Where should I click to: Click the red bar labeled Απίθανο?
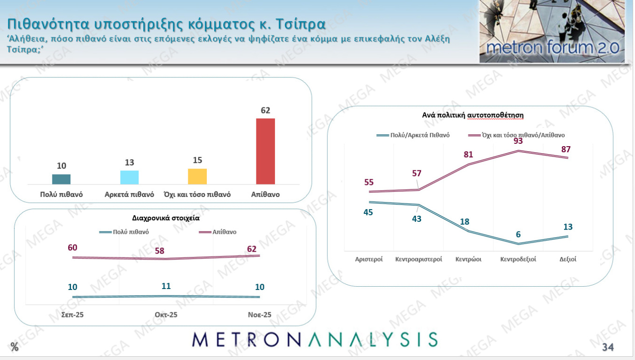(x=265, y=151)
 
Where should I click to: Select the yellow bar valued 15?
(x=197, y=176)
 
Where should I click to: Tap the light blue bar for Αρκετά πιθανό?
(x=129, y=177)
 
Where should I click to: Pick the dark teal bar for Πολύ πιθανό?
(x=61, y=179)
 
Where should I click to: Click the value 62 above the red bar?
(x=266, y=111)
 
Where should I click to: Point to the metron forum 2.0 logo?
(x=552, y=32)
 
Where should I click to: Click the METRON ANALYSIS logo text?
(x=315, y=339)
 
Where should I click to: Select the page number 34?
(x=608, y=347)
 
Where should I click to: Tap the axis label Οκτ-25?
(x=166, y=315)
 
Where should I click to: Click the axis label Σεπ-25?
(x=72, y=315)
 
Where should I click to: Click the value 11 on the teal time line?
(x=166, y=286)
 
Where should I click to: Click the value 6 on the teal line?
(x=518, y=234)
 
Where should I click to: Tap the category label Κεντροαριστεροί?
(x=418, y=259)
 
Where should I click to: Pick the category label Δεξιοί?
(x=568, y=259)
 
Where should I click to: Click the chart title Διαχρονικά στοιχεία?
(x=167, y=218)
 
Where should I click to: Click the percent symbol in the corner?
(x=14, y=347)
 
